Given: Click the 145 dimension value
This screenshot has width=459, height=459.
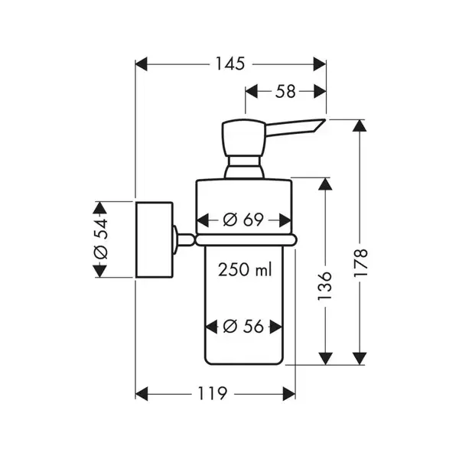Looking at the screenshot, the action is (x=229, y=63).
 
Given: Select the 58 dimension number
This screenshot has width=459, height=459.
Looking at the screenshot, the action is (x=285, y=91).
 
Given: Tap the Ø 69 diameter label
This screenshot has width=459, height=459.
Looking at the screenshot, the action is (x=243, y=220).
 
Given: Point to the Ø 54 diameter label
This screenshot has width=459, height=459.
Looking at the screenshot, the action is (x=101, y=239).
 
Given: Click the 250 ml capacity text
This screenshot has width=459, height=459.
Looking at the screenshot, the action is (x=245, y=269).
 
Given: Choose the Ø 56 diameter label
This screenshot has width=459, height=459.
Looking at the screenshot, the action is (x=243, y=327).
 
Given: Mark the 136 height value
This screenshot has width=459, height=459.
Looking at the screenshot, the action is (x=325, y=285).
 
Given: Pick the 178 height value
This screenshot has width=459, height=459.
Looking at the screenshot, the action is (x=360, y=262).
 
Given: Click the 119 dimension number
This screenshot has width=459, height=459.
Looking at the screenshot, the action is (x=213, y=394).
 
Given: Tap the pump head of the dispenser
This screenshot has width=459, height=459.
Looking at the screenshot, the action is (x=243, y=138).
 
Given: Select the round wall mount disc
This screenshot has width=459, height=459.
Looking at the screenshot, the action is (x=155, y=239).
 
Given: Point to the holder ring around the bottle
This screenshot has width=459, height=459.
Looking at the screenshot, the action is (x=246, y=240).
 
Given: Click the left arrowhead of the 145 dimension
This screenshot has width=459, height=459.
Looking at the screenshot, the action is (x=141, y=64).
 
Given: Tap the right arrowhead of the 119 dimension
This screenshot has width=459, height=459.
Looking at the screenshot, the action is (x=289, y=394).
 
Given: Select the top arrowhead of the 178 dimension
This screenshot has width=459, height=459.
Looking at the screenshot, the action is (x=360, y=126).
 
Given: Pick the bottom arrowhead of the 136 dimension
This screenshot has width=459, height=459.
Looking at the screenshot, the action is (x=325, y=359).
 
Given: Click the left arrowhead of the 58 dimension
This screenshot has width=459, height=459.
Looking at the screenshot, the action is (x=251, y=91).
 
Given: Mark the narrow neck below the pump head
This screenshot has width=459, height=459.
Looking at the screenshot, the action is (x=244, y=167).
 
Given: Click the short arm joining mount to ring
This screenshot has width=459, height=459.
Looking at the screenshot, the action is (x=185, y=239).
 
